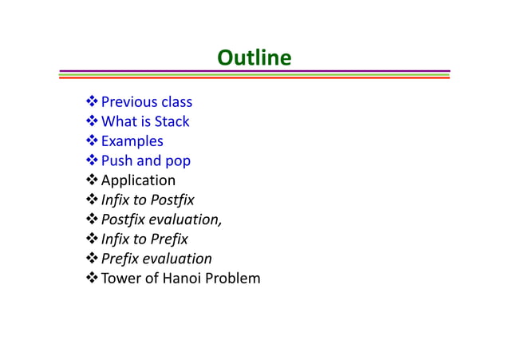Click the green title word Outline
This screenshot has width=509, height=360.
[x=254, y=58]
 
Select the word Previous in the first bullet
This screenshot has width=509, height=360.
[x=128, y=102]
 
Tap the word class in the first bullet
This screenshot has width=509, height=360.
[x=176, y=102]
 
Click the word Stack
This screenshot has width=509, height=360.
[x=172, y=122]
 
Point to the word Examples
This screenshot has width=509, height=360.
[x=132, y=141]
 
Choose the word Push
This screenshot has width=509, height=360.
[x=116, y=161]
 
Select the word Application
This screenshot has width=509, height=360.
[x=138, y=181]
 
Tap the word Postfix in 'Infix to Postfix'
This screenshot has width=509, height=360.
[x=172, y=200]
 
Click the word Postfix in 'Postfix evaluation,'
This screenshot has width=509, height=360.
[x=122, y=220]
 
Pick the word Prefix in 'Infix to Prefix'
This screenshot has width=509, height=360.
[x=168, y=239]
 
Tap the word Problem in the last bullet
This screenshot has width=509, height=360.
[x=234, y=279]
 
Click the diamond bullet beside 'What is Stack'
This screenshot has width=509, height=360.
[x=92, y=122]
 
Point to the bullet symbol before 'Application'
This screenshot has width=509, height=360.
[x=92, y=181]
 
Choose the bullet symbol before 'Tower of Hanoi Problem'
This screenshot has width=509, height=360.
[x=92, y=279]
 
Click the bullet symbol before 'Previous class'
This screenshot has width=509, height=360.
[x=92, y=102]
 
